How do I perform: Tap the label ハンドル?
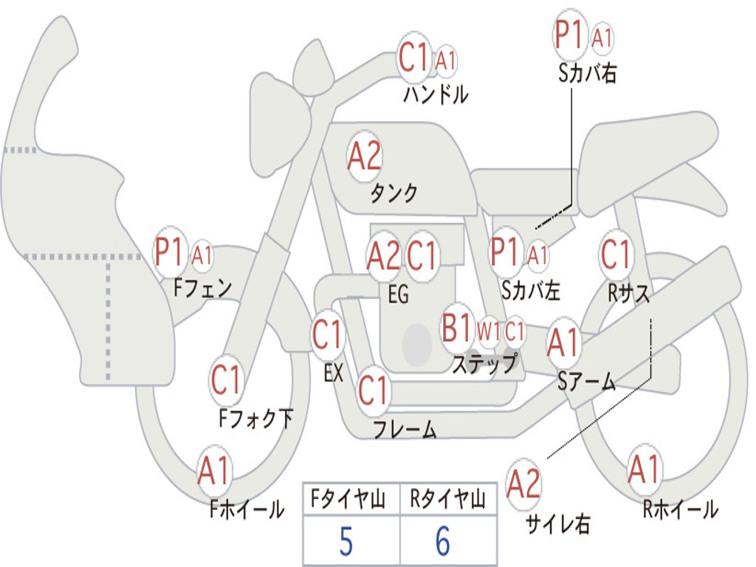(436, 94)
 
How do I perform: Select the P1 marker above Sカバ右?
(570, 35)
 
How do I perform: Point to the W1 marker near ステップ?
(489, 331)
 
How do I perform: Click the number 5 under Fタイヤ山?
(346, 542)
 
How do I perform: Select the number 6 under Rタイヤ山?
(442, 542)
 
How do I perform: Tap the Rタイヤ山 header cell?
(448, 501)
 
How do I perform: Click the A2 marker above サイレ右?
(523, 484)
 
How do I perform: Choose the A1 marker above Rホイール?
(644, 470)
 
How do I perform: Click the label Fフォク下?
(255, 419)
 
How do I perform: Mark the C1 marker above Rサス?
(616, 255)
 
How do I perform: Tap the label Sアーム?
(587, 381)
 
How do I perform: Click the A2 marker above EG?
(384, 255)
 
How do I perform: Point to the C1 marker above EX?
(328, 336)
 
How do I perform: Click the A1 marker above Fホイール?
(214, 471)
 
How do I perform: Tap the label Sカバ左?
(531, 290)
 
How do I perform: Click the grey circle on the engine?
(416, 343)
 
